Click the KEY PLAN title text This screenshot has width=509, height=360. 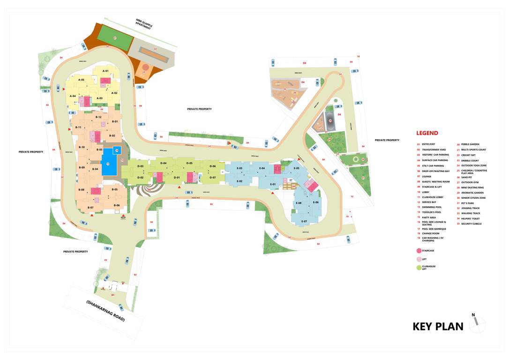click(438, 326)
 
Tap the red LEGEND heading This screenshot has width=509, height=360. click(427, 133)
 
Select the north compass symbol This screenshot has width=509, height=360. click(477, 322)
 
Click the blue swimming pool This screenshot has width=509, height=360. click(108, 163)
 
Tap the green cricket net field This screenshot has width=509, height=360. click(115, 37)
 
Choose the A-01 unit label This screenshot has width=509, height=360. click(106, 71)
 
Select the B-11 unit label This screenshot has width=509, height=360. click(79, 127)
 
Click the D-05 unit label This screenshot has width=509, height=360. click(189, 163)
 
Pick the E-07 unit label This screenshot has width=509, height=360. click(304, 221)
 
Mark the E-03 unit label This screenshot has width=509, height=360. click(239, 168)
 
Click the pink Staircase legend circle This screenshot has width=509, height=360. click(419, 251)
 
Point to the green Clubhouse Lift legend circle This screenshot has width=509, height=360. click(419, 267)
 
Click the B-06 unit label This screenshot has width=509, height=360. click(117, 205)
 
